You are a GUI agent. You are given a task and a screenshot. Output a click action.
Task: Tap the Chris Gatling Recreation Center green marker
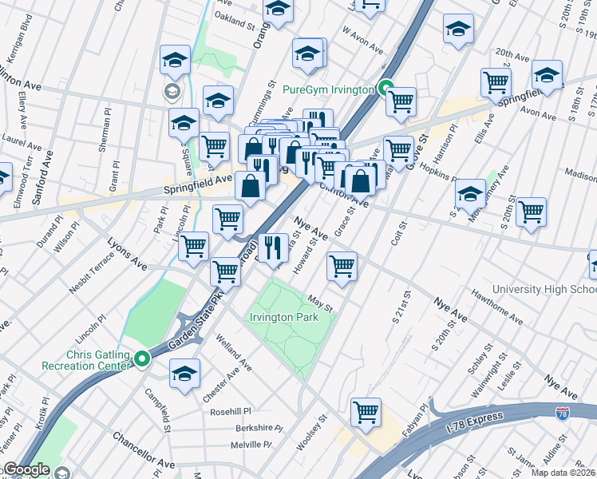(x=143, y=359)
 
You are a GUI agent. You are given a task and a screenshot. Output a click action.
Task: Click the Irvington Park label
(x=284, y=317)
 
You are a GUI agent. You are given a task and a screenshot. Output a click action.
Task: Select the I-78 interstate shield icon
(x=563, y=413)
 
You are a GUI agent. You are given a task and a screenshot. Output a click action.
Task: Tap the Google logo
(x=26, y=469)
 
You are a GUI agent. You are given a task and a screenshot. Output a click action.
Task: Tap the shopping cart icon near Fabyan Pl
(x=366, y=411)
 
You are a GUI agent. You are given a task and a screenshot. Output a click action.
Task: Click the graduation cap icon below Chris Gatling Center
(x=184, y=373)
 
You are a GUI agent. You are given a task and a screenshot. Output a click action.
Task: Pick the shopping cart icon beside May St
(x=342, y=265)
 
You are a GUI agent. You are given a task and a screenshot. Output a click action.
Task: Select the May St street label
(x=320, y=304)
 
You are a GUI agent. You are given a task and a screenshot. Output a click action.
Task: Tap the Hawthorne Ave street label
(x=496, y=310)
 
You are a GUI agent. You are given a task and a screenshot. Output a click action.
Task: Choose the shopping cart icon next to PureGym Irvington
(x=401, y=101)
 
